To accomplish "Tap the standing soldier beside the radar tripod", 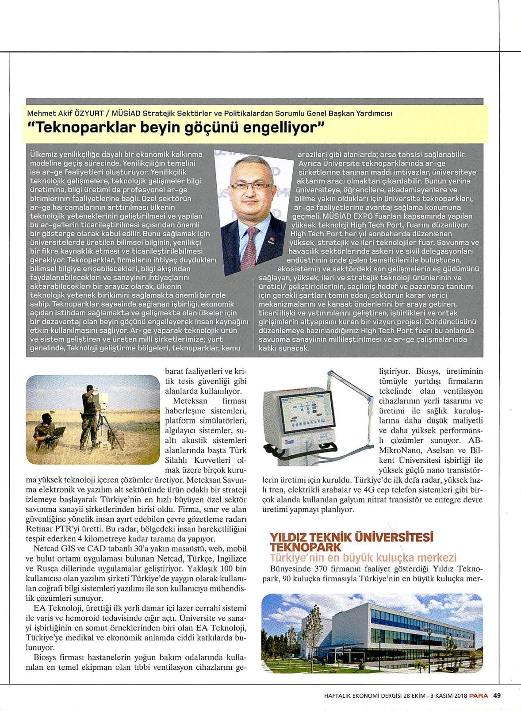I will point(88,414).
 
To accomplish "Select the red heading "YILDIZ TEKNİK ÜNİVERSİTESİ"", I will point(351,537).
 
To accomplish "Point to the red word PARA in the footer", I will point(479,695).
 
